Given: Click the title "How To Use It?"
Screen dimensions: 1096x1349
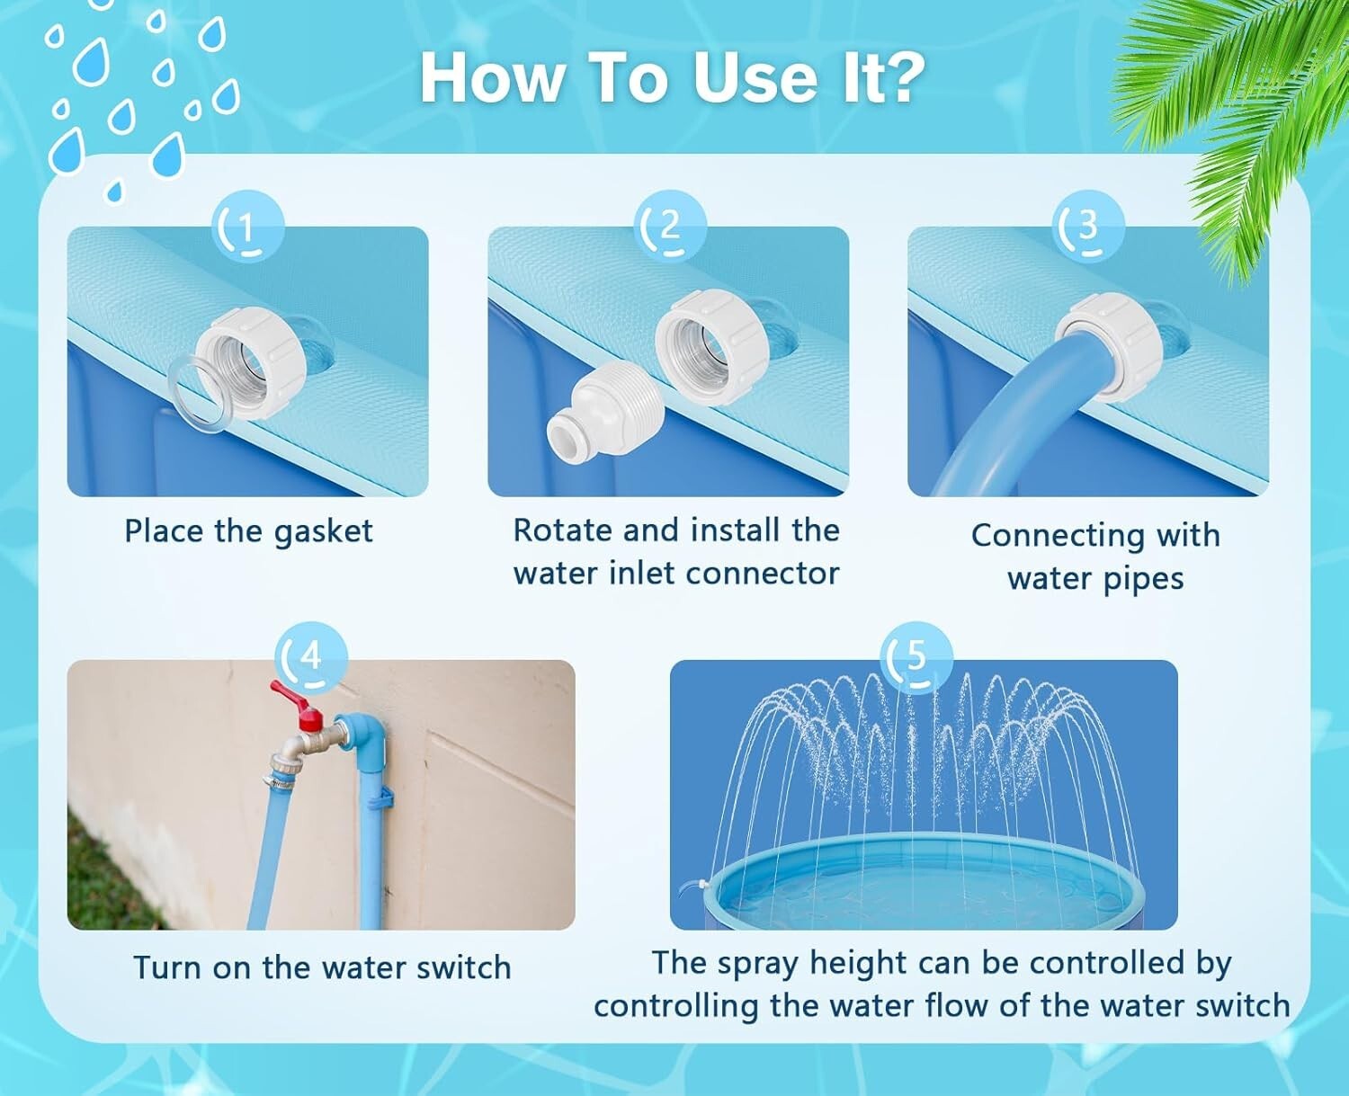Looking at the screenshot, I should [x=672, y=77].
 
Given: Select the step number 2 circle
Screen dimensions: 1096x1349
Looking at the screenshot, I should [x=669, y=227].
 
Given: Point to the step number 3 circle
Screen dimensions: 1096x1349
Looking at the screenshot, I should [x=1087, y=226].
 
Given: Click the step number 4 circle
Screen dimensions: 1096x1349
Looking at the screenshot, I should [x=310, y=657].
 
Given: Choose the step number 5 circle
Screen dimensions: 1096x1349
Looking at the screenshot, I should [x=916, y=657].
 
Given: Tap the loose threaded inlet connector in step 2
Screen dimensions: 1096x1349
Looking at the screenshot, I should [x=604, y=410].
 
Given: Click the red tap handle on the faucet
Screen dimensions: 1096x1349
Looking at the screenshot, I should [x=297, y=704].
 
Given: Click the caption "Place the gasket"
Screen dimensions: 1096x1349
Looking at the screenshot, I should [x=248, y=531].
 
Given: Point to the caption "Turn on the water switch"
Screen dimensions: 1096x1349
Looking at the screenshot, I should [x=322, y=968].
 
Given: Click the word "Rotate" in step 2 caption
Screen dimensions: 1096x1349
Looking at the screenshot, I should [x=563, y=530].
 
